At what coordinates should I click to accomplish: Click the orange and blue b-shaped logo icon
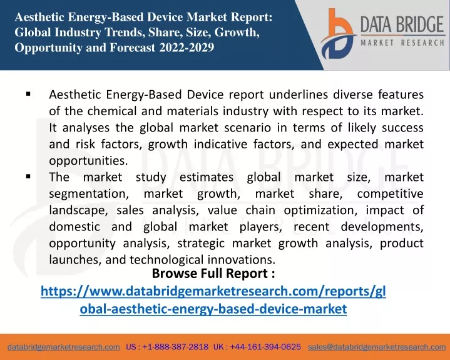pyautogui.click(x=338, y=34)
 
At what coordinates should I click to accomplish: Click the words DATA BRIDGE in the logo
pyautogui.click(x=402, y=24)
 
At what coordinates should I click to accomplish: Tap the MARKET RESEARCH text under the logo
pyautogui.click(x=402, y=43)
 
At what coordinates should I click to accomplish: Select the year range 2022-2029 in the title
pyautogui.click(x=187, y=48)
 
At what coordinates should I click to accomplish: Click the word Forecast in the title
pyautogui.click(x=133, y=48)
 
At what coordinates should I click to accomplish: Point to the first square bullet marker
pyautogui.click(x=28, y=93)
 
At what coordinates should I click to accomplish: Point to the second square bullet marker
pyautogui.click(x=28, y=177)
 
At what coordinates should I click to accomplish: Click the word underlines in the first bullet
pyautogui.click(x=298, y=95)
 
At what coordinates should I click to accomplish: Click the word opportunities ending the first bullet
pyautogui.click(x=88, y=161)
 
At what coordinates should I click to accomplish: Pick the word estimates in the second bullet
pyautogui.click(x=207, y=177)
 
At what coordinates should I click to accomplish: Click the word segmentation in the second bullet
pyautogui.click(x=89, y=194)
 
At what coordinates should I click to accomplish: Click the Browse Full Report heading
pyautogui.click(x=213, y=274)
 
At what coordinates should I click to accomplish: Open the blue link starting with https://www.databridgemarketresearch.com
pyautogui.click(x=213, y=300)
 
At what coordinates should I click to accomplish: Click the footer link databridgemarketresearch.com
pyautogui.click(x=64, y=347)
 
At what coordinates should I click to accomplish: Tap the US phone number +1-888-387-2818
pyautogui.click(x=175, y=347)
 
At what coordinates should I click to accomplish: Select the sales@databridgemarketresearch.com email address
pyautogui.click(x=377, y=347)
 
